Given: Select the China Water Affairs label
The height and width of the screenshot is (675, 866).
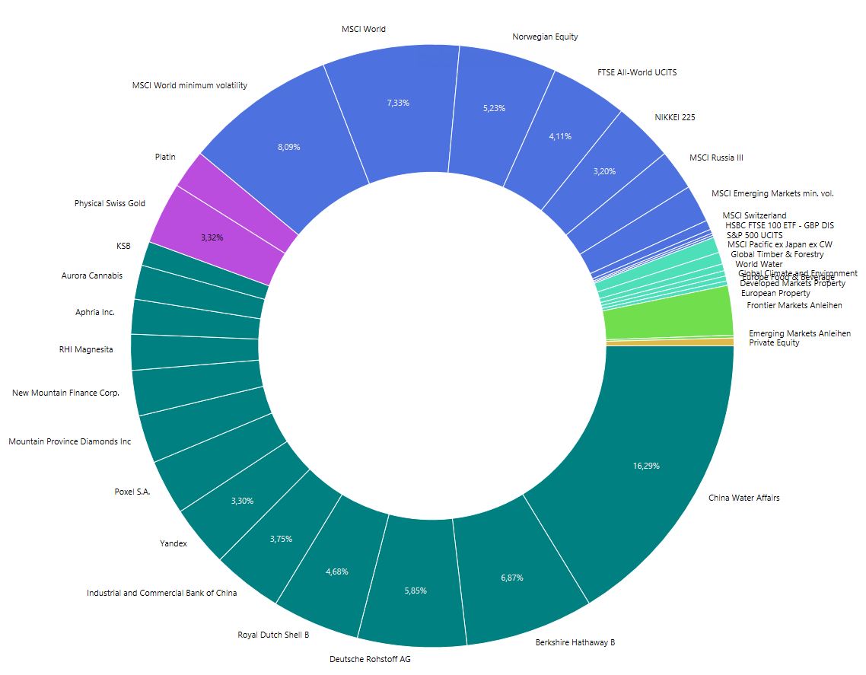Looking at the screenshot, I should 743,498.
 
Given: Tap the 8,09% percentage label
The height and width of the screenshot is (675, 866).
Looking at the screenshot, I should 289,147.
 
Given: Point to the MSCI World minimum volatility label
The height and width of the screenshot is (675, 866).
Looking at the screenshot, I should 189,85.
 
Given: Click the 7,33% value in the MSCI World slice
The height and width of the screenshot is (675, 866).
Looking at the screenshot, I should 397,102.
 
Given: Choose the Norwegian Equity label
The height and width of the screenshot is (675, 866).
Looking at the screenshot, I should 545,37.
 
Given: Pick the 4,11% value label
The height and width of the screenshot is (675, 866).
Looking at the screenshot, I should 559,136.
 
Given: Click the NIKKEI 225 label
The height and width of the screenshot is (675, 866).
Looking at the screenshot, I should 674,117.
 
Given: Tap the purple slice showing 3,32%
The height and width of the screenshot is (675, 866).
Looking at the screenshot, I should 212,237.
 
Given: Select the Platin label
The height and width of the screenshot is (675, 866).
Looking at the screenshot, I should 165,157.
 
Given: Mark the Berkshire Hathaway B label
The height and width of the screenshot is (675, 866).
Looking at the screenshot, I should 575,642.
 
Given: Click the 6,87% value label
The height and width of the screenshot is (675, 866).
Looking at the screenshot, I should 511,578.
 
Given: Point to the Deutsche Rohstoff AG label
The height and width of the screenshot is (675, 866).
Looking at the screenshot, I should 370,659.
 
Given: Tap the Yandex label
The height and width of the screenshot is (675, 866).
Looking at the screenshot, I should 173,543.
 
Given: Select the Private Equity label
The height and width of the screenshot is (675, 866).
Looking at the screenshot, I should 774,342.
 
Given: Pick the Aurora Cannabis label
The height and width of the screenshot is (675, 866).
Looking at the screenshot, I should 91,275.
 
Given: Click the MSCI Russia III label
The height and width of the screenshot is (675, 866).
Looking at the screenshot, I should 715,158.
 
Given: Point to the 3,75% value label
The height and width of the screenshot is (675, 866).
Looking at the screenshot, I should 281,539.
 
